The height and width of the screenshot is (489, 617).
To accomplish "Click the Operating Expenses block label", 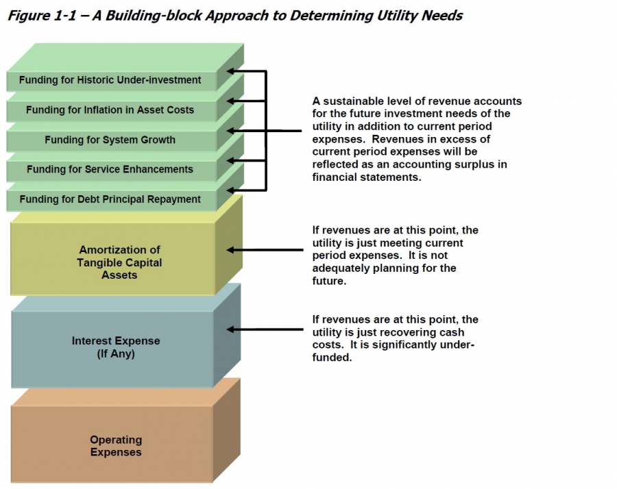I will pyautogui.click(x=116, y=446).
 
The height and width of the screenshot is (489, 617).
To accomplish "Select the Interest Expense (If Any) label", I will pyautogui.click(x=116, y=347).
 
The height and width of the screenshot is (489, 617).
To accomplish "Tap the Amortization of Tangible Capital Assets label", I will pyautogui.click(x=120, y=262).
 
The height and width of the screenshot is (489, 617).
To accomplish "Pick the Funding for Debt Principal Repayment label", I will pyautogui.click(x=110, y=199).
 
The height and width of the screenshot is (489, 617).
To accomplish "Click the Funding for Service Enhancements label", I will pyautogui.click(x=110, y=169).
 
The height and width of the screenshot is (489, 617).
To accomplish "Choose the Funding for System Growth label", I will pyautogui.click(x=110, y=140).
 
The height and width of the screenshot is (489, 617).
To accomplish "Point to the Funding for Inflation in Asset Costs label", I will pyautogui.click(x=110, y=110).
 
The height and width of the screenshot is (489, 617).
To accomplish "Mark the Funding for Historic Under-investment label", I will pyautogui.click(x=110, y=80).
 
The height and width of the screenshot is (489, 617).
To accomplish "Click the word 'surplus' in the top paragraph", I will pyautogui.click(x=485, y=164).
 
